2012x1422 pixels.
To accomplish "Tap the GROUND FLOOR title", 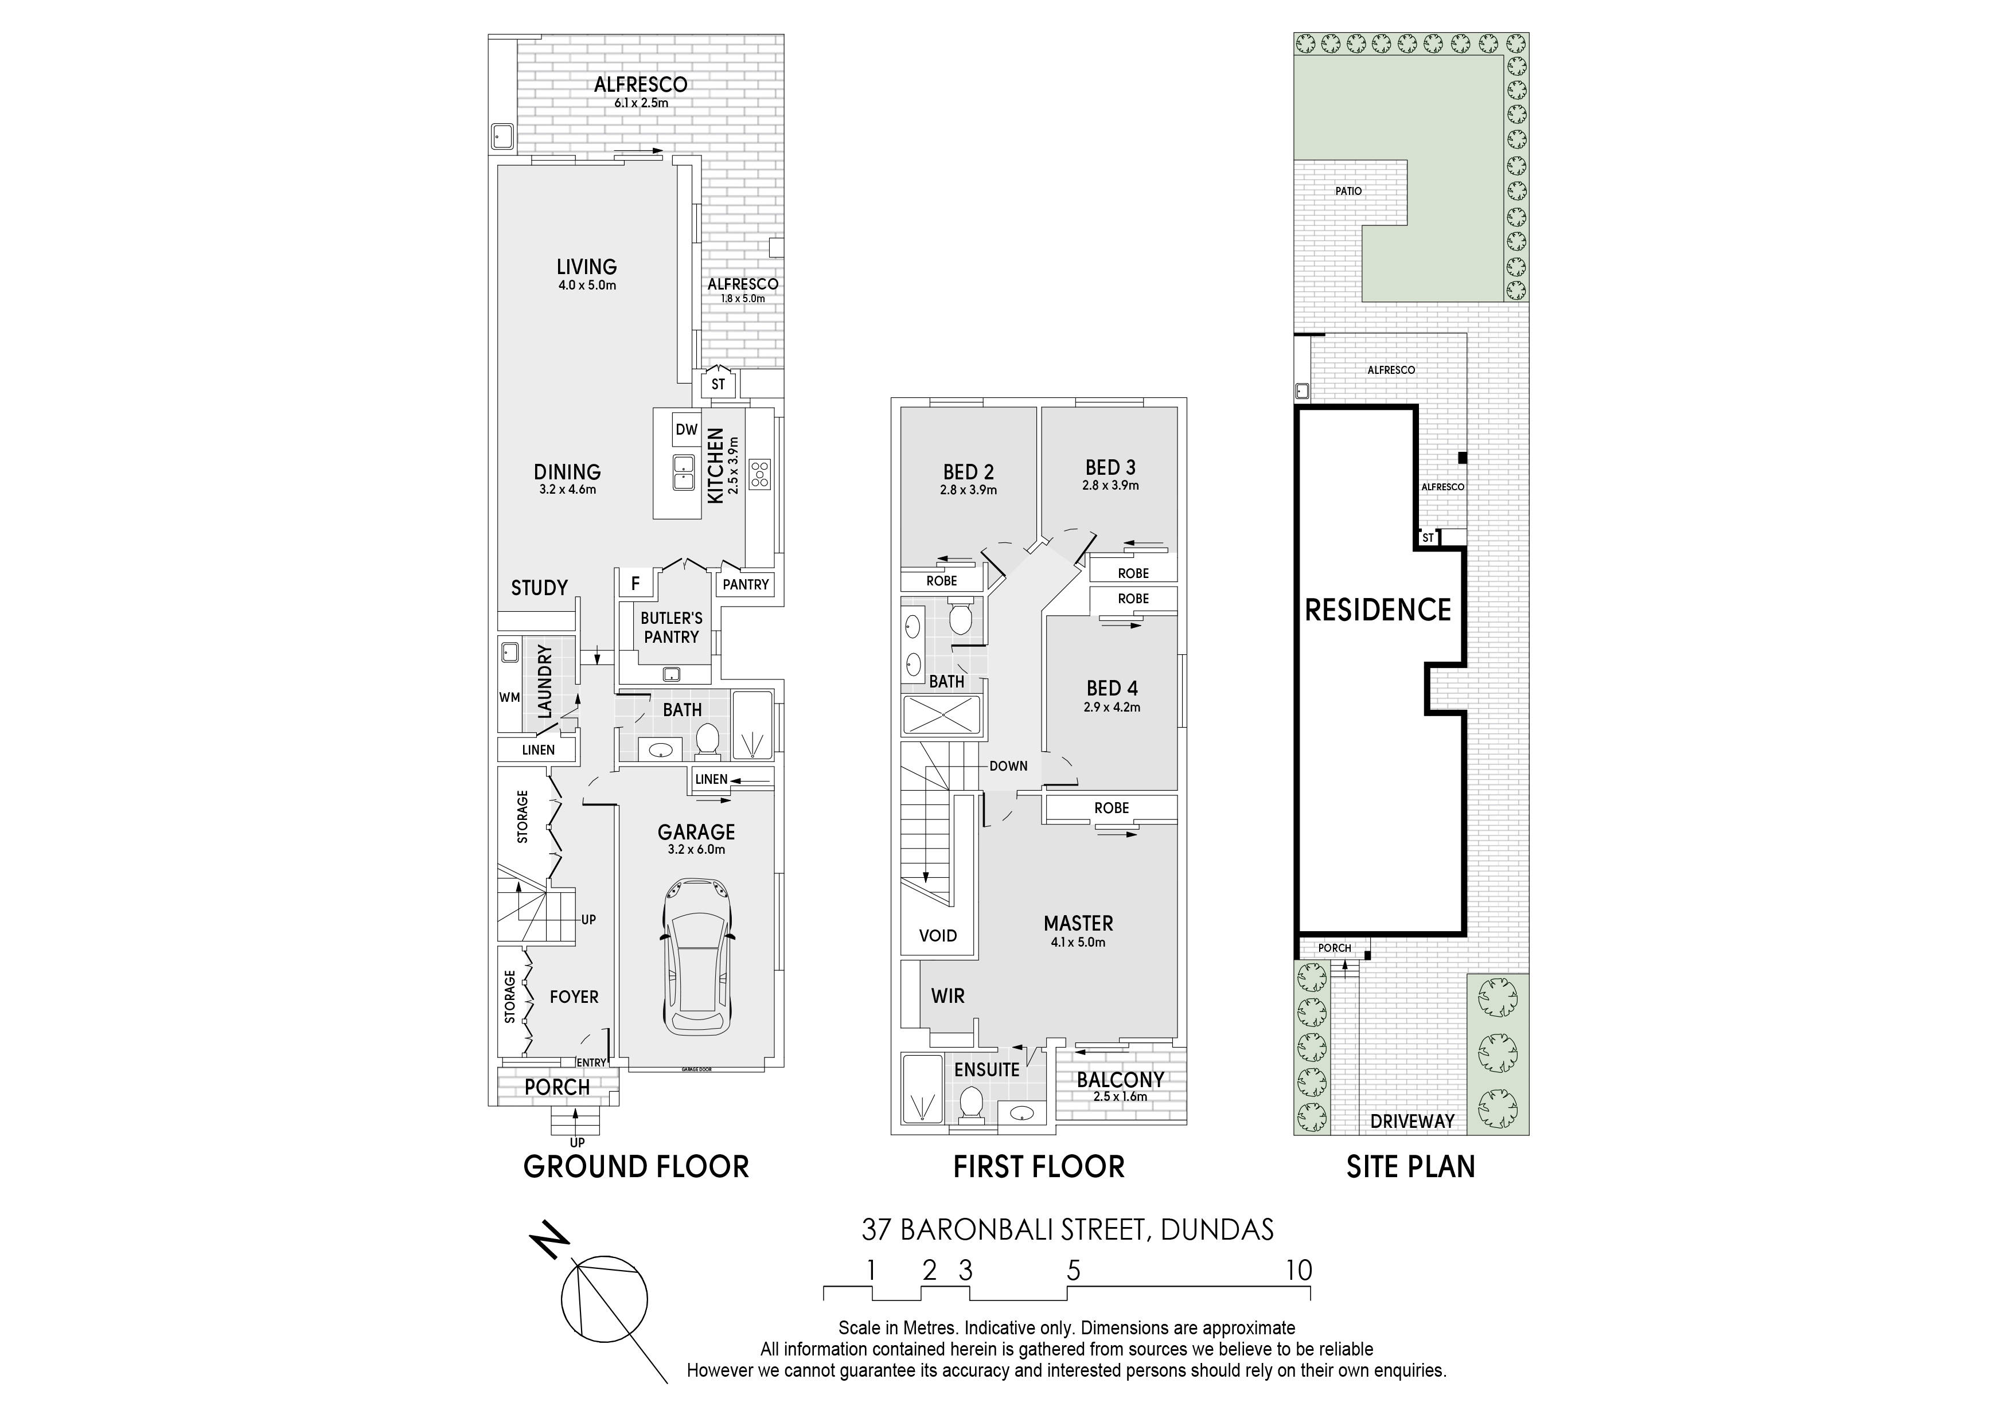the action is pos(636,1167).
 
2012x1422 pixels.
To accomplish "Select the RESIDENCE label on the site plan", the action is pos(1378,610).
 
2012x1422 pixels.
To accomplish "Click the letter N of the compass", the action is pos(549,1243).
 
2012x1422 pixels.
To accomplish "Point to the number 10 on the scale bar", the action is pos(1299,1271).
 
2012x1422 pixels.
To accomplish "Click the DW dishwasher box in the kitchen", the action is pos(687,429).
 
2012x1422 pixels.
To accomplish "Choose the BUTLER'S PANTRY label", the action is pos(671,627).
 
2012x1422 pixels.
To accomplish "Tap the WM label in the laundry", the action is pos(509,697).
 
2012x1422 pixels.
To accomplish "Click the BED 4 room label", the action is pos(1112,689).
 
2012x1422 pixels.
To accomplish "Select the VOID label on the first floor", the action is pos(938,936).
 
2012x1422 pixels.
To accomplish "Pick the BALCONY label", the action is pos(1121,1080).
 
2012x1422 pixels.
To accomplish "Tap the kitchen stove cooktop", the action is pos(760,474).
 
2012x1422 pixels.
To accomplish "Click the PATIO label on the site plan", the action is pos(1348,191).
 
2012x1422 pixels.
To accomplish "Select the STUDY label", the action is pos(540,588).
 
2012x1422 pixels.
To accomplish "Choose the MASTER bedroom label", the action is pos(1078,924).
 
